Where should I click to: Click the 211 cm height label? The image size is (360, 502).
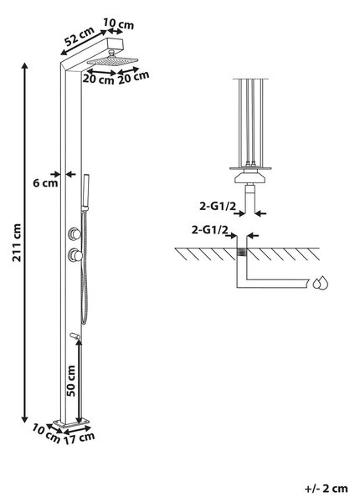pos(17,243)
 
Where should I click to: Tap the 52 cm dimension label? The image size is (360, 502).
pos(79,36)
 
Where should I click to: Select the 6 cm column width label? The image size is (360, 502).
pos(45,183)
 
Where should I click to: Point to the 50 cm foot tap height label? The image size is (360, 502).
pos(71,381)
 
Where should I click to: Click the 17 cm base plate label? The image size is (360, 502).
pos(79,438)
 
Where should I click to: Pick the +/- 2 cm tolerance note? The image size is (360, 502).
pos(326,489)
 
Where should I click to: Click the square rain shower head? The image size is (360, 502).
pos(113,60)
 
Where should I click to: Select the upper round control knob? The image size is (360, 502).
pos(75,233)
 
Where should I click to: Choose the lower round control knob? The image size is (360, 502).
pos(75,255)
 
